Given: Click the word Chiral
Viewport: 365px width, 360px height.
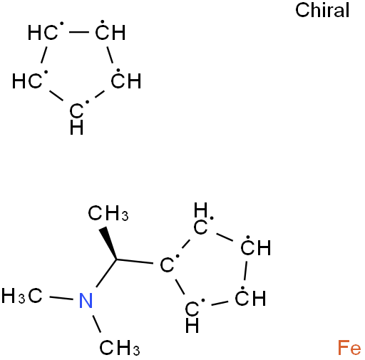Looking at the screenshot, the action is (x=322, y=10).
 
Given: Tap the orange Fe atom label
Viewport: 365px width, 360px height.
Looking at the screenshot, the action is (x=349, y=348).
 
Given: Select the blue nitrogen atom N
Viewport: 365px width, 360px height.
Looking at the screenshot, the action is (x=86, y=300).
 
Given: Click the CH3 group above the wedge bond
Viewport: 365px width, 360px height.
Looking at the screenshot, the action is (x=108, y=213).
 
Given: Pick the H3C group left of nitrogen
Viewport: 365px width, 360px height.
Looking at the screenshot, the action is (x=22, y=296).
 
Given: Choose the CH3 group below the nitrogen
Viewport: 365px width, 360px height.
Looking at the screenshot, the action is (x=120, y=348).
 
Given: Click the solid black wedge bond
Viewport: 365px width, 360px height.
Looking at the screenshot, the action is (x=109, y=243).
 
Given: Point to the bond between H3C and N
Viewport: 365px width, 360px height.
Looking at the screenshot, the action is (x=61, y=298).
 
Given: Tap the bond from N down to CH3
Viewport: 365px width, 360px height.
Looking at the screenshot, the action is (x=96, y=324).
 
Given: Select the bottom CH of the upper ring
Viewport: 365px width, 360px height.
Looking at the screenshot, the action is (x=77, y=118).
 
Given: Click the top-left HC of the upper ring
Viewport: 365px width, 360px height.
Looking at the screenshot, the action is (x=43, y=32).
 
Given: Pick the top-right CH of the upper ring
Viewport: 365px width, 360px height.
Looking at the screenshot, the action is (x=110, y=31).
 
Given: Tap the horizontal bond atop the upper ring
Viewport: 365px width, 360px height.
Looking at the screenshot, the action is (x=79, y=32).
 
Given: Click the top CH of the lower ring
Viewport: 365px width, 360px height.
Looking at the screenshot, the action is (x=201, y=219).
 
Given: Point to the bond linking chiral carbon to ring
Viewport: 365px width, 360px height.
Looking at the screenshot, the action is (x=135, y=262).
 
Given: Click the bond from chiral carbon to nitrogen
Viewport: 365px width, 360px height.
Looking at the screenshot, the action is (x=106, y=273).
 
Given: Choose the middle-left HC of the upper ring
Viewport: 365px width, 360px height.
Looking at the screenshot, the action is (x=28, y=81).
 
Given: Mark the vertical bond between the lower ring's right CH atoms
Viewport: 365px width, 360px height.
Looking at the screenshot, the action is (x=246, y=270).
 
